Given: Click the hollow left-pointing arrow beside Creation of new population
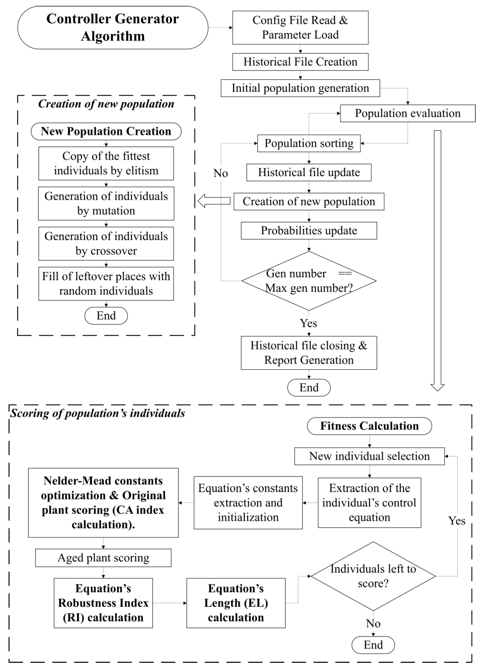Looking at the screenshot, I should pyautogui.click(x=214, y=201).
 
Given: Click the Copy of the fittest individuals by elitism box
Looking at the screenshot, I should pyautogui.click(x=106, y=163).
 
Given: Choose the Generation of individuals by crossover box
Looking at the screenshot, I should pyautogui.click(x=106, y=244).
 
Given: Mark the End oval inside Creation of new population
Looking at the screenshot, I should pyautogui.click(x=106, y=316).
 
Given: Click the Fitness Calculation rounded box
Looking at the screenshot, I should pyautogui.click(x=369, y=426).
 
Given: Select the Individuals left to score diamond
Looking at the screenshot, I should pyautogui.click(x=373, y=576).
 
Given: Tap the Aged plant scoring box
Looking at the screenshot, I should pyautogui.click(x=103, y=558).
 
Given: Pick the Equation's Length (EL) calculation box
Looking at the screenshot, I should pyautogui.click(x=236, y=603).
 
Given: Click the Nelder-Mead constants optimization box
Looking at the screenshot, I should pyautogui.click(x=103, y=503).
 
